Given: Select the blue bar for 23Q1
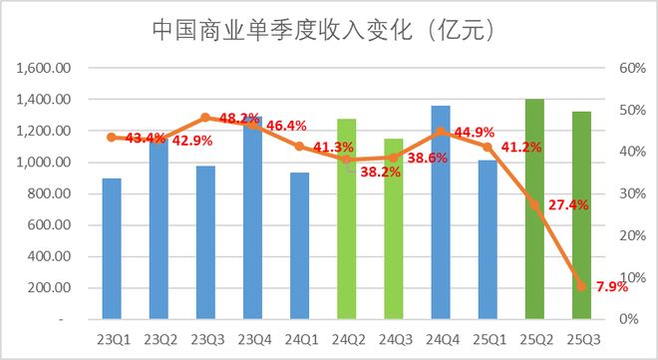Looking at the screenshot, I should click(112, 249).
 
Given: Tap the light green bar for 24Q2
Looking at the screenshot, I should click(346, 219).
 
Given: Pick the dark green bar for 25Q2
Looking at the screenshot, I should click(534, 209).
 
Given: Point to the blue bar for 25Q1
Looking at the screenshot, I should click(487, 239).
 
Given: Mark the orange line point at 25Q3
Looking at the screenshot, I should click(581, 286).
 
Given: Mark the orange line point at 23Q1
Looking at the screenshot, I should click(112, 137).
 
